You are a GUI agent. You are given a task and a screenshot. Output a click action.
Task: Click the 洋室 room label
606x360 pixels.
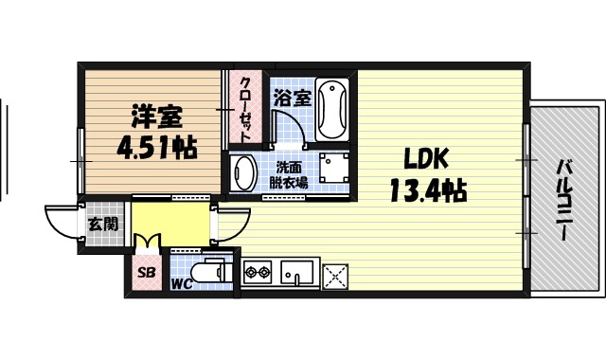(x=157, y=118)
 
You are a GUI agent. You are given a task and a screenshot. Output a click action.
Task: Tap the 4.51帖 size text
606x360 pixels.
(x=157, y=148)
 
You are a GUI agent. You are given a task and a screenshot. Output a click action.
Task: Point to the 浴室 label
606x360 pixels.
(x=292, y=98)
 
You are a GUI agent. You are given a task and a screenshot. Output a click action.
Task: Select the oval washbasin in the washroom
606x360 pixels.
(x=244, y=174)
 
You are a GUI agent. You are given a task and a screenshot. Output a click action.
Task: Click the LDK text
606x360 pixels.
(x=426, y=157)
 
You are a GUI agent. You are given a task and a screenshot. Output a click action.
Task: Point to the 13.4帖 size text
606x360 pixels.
(x=426, y=191)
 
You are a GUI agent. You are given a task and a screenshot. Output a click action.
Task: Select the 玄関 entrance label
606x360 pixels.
(x=103, y=225)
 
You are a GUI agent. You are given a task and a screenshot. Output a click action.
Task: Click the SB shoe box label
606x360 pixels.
(x=147, y=273)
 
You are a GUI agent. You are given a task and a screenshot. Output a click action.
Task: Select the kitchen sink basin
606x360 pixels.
(x=294, y=275)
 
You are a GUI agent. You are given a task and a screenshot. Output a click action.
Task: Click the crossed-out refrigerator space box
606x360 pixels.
(x=335, y=276)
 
